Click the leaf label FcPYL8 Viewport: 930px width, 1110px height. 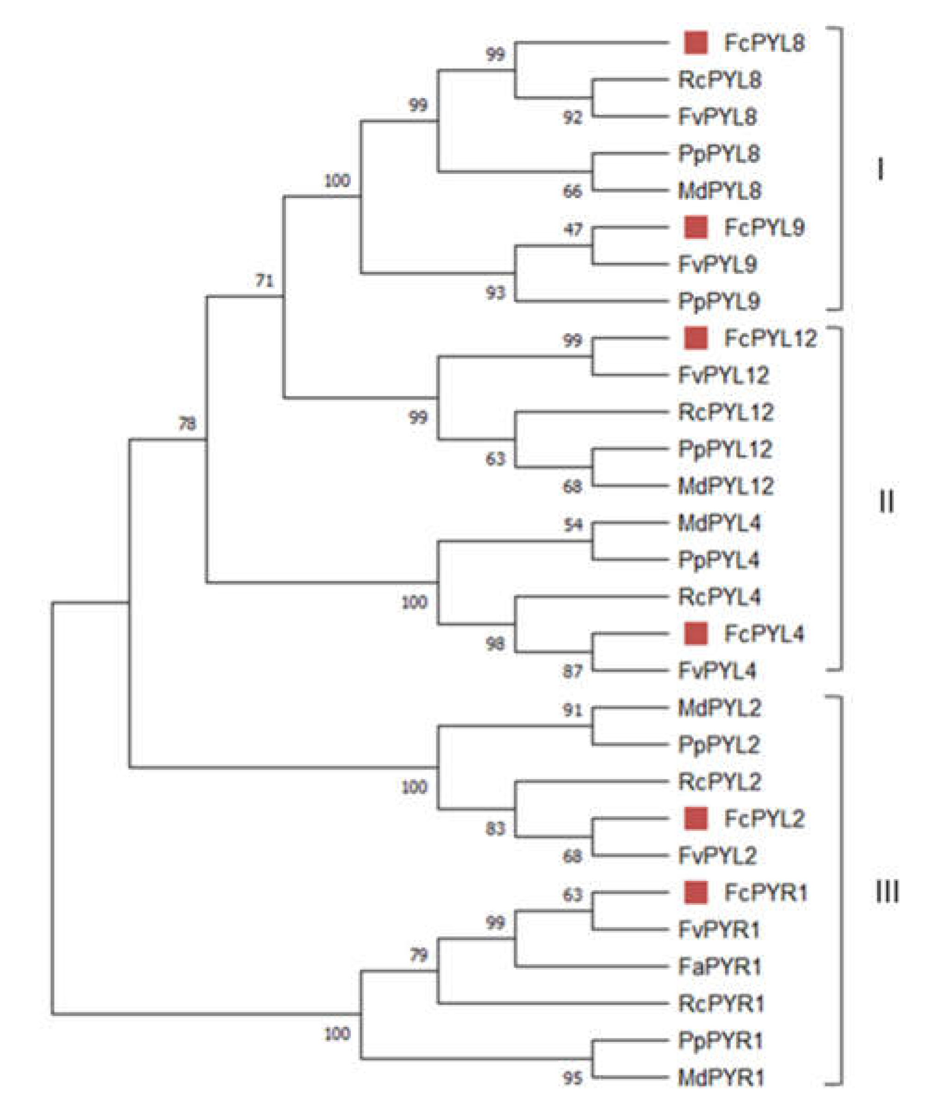pos(764,43)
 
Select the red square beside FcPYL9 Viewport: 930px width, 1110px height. pos(695,227)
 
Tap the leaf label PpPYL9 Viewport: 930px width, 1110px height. pos(719,301)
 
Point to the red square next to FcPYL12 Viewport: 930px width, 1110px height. pos(695,338)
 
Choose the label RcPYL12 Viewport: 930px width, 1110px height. pos(725,412)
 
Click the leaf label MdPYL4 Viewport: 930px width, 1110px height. pos(719,523)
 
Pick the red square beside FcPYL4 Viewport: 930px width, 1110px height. pos(695,634)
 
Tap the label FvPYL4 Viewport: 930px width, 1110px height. pos(717,671)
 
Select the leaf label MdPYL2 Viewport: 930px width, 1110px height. pos(719,708)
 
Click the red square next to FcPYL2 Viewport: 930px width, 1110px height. pos(695,819)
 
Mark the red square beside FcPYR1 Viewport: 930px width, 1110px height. pos(695,893)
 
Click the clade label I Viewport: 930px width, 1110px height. pos(880,171)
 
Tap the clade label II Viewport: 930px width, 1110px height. pos(886,501)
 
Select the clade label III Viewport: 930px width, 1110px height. pos(887,893)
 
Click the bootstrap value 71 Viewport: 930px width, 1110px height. pos(265,281)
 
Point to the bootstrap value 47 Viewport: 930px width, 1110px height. pos(573,229)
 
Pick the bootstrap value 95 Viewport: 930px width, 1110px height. pos(573,1078)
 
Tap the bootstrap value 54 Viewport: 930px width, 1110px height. pos(573,524)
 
